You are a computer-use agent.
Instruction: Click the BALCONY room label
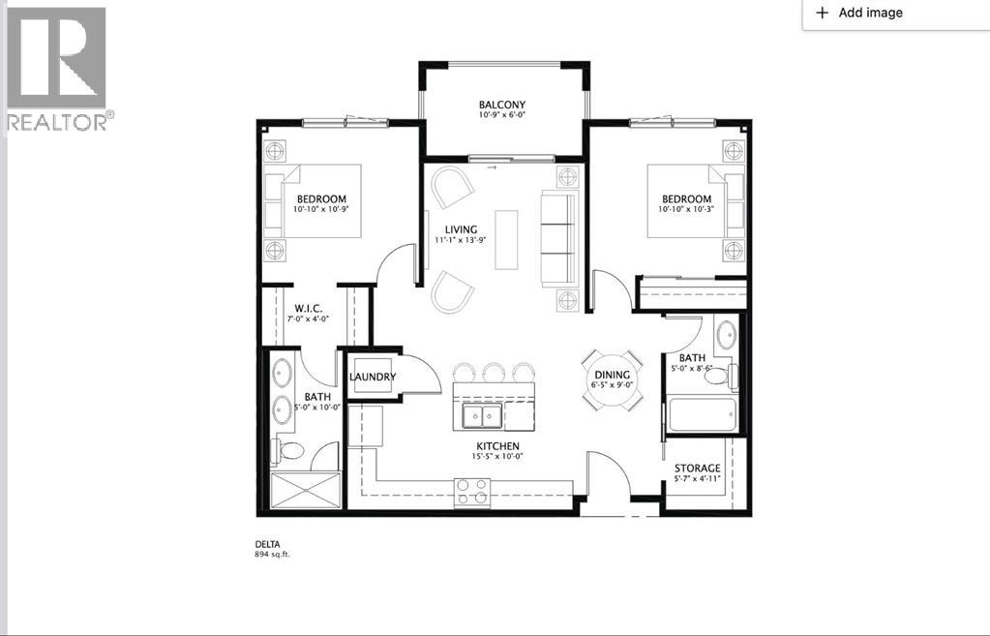[501, 106]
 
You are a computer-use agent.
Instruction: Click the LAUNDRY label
[373, 377]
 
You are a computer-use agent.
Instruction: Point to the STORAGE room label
[698, 469]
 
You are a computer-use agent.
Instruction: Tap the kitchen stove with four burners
[472, 493]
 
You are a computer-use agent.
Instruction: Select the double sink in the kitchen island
[481, 415]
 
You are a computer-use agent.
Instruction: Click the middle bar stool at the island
[495, 372]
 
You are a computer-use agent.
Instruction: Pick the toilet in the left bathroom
[288, 449]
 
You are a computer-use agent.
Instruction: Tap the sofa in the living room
[557, 238]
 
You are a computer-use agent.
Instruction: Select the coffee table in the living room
[506, 239]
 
